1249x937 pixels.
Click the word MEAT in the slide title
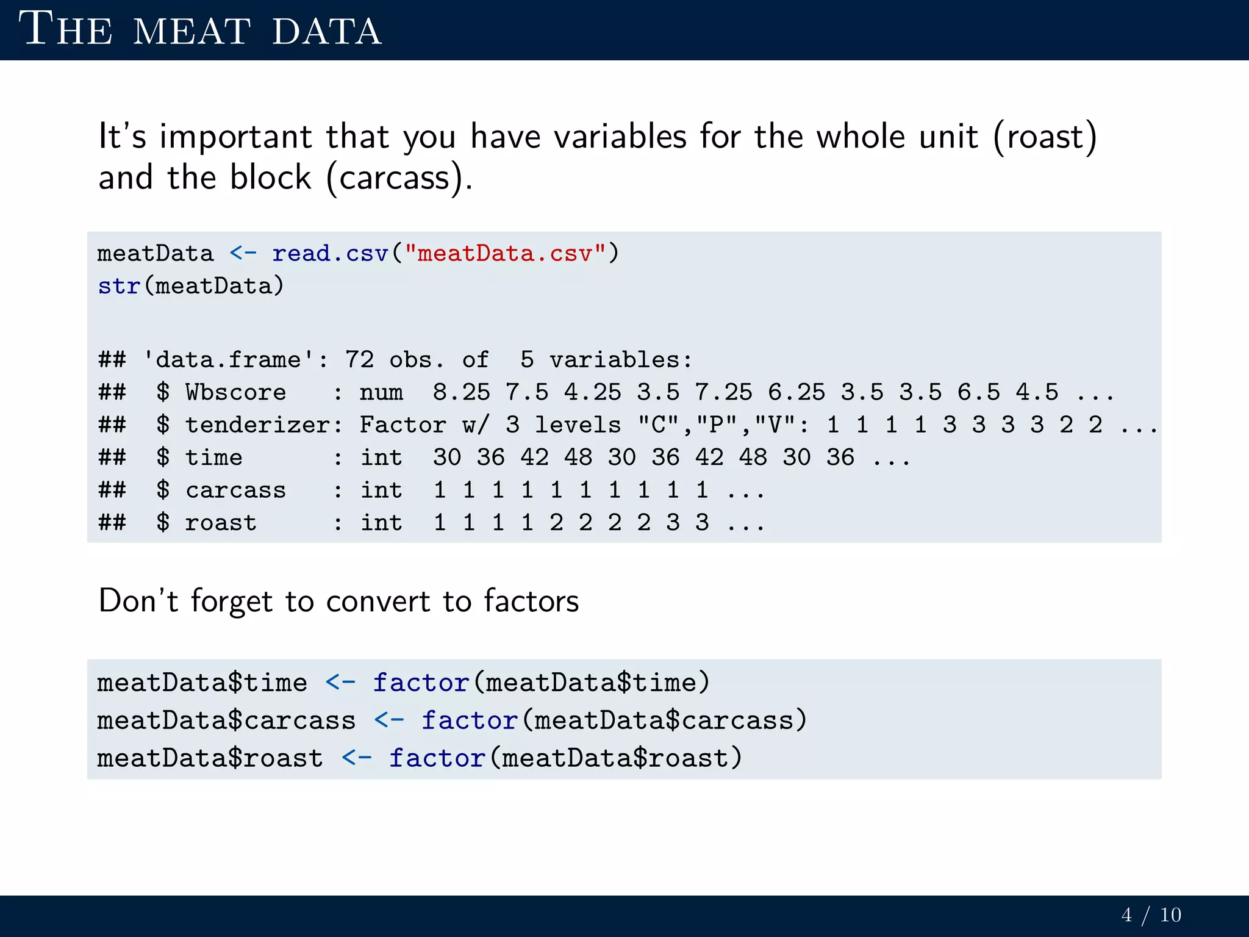click(x=191, y=31)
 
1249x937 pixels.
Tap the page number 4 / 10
click(x=1151, y=915)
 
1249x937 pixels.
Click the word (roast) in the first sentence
click(x=1045, y=136)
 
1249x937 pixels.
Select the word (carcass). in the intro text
click(x=399, y=178)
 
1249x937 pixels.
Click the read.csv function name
click(x=330, y=253)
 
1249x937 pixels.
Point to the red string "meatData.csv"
click(x=505, y=253)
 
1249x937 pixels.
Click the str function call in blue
click(x=119, y=285)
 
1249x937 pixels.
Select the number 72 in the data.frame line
click(x=359, y=360)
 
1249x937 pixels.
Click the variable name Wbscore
click(x=235, y=392)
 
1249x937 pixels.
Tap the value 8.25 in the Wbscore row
click(x=461, y=392)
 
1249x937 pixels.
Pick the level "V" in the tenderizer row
click(x=775, y=425)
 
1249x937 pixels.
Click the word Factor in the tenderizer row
click(x=403, y=425)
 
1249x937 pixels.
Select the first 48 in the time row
click(x=578, y=458)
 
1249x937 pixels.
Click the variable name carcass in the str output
click(x=235, y=490)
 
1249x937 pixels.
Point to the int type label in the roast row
click(x=381, y=523)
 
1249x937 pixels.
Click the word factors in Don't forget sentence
click(x=531, y=601)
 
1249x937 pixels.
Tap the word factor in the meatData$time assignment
click(x=421, y=683)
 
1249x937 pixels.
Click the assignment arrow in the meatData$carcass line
click(x=389, y=720)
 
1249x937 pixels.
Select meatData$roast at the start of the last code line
click(x=210, y=758)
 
